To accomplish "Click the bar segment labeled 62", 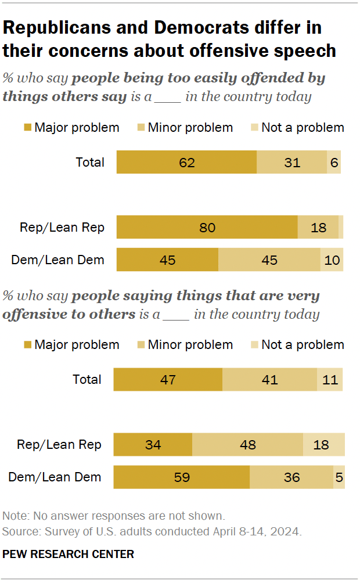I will coord(186,162).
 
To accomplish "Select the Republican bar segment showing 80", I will coord(207,227).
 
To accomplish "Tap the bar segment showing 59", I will coord(181,477).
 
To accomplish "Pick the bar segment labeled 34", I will coord(153,445).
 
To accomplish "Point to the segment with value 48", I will coord(247,445).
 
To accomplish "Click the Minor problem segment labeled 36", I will coord(291,477).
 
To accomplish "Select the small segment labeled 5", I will coord(339,477).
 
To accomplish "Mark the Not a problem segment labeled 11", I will coord(330,380).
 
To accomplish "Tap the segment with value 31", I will coord(292,162).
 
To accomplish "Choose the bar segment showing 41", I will coord(269,380).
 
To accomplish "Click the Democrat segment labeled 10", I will coord(332,260).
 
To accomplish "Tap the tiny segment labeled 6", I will coord(334,162).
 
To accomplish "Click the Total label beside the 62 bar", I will coord(90,162).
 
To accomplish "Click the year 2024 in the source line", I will coord(288,531).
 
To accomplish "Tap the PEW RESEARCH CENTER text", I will coord(68,554).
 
